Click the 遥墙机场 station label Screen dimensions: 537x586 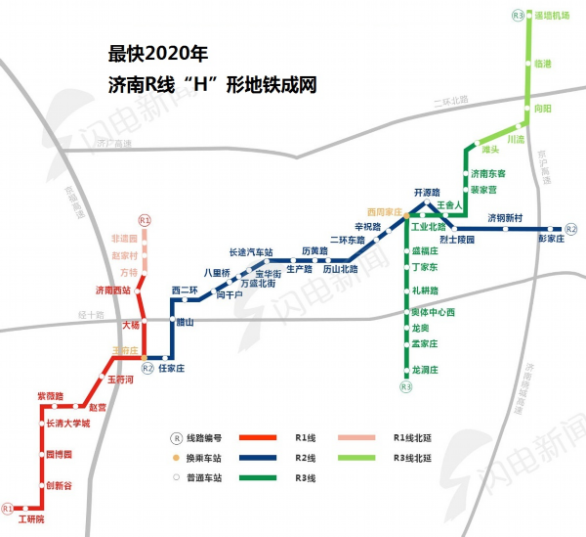point(552,16)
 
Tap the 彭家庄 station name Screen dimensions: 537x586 point(552,238)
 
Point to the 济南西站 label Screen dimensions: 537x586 point(112,291)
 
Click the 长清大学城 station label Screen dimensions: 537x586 point(67,424)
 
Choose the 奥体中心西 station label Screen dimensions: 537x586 point(434,312)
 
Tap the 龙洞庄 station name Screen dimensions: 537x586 point(428,370)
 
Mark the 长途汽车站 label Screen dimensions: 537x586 point(250,251)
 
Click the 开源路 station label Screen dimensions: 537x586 point(428,192)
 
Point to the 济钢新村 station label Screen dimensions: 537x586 point(506,216)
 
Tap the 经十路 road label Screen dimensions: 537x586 point(90,315)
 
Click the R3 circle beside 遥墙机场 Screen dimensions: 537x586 point(518,16)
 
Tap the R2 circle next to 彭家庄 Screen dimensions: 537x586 point(571,229)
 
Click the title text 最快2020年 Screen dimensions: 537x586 point(158,51)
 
